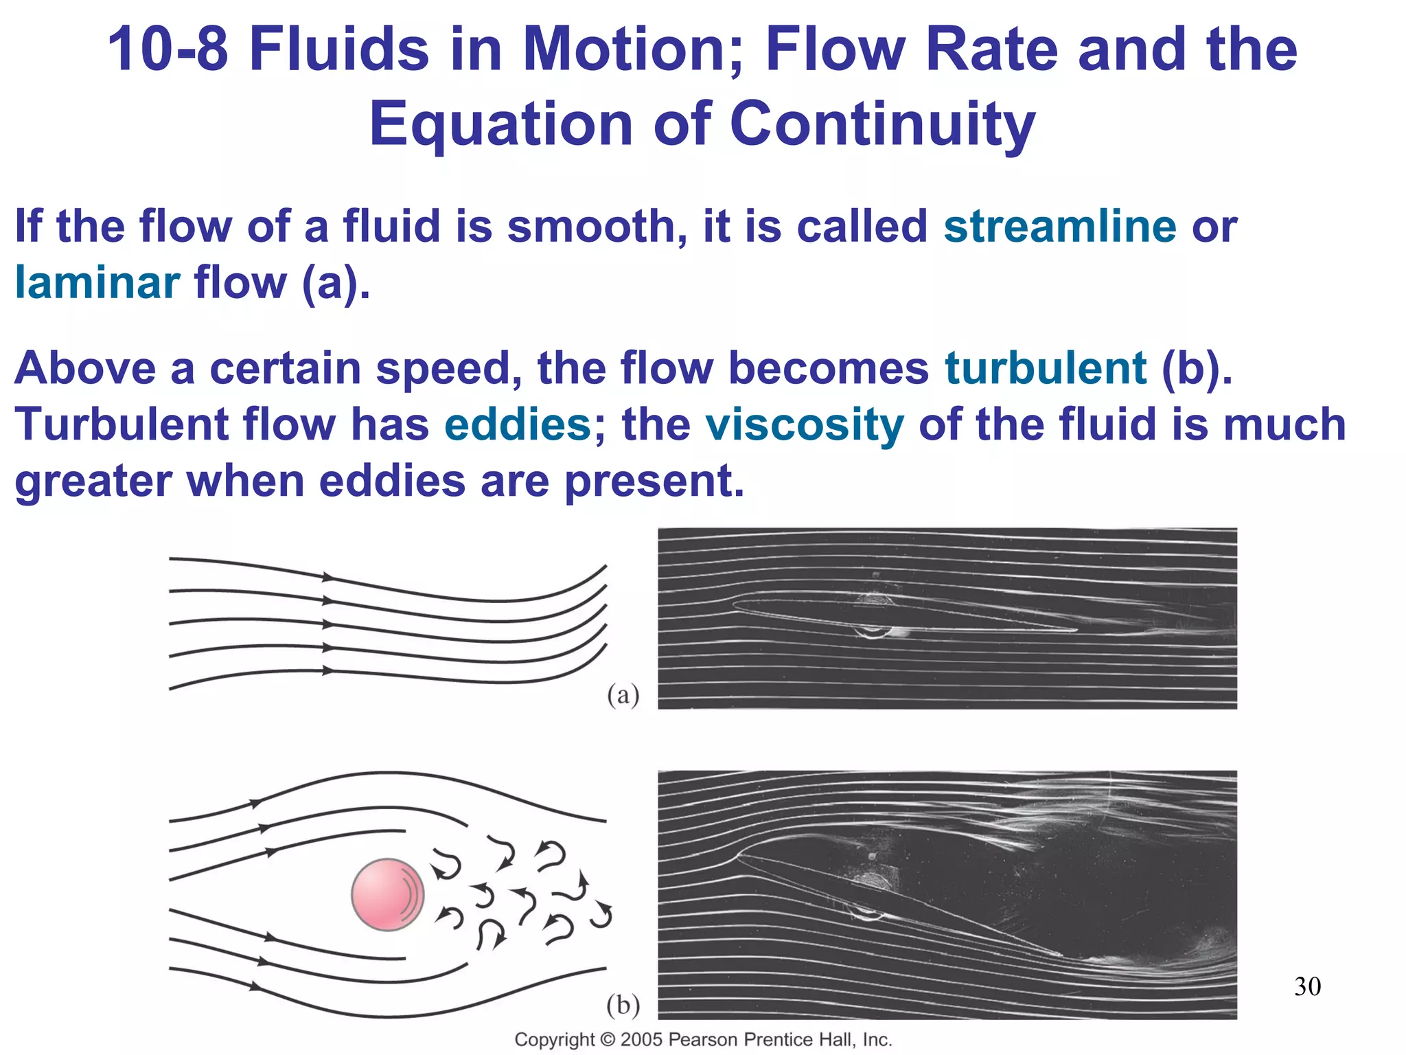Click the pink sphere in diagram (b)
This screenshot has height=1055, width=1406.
(x=387, y=894)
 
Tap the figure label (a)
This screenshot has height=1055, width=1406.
(x=623, y=695)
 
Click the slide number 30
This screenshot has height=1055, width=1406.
(x=1307, y=986)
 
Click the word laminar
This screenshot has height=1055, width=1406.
(x=97, y=282)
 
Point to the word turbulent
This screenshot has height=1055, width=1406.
(x=1045, y=368)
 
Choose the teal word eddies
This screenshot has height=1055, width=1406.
(x=518, y=424)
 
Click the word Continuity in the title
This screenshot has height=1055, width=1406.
(x=881, y=124)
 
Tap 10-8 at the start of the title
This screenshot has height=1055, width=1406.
(x=168, y=49)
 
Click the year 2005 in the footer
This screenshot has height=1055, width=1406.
(x=642, y=1039)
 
